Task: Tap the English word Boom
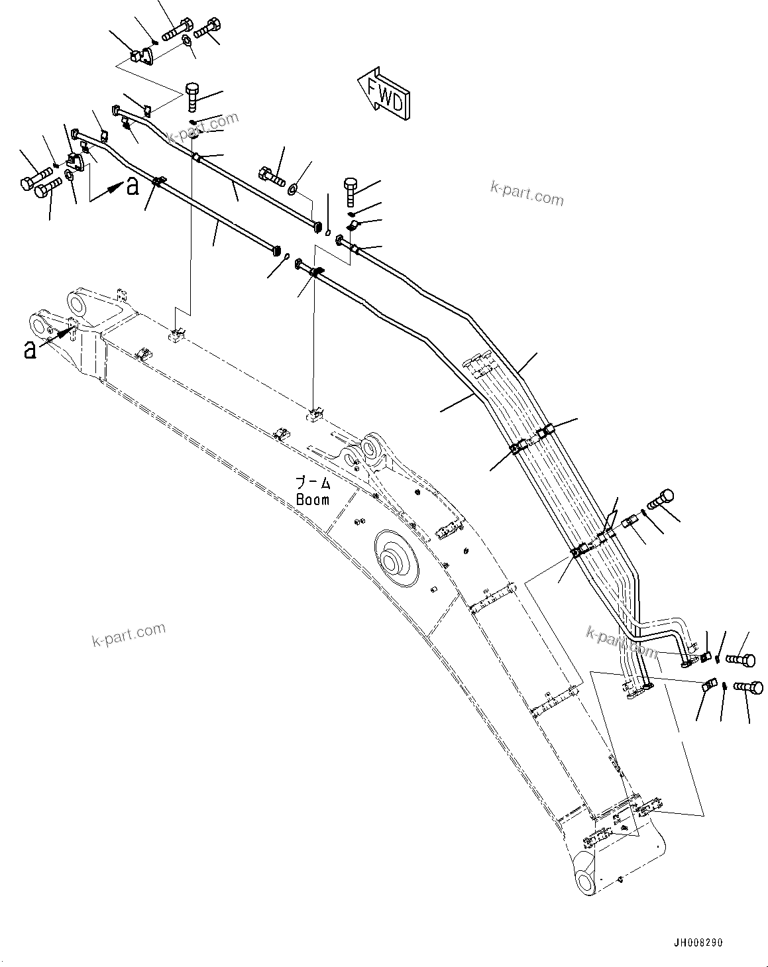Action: pyautogui.click(x=312, y=500)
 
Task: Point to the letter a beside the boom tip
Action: pyautogui.click(x=29, y=349)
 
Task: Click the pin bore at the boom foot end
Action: pyautogui.click(x=586, y=881)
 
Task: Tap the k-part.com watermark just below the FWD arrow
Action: pyautogui.click(x=527, y=194)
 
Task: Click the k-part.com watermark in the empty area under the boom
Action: pyautogui.click(x=129, y=634)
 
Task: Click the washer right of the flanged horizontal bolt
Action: pyautogui.click(x=293, y=190)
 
